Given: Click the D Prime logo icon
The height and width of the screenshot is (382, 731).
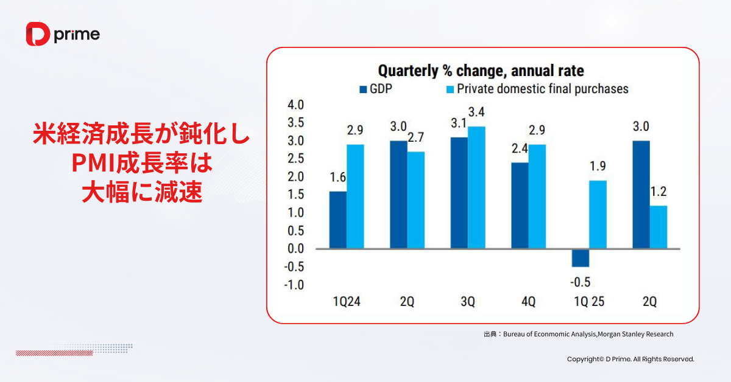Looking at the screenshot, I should click(x=38, y=34).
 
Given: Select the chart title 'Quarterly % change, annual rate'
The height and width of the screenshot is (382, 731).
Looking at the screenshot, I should click(x=481, y=71).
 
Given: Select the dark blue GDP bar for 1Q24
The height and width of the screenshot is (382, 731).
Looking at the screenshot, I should click(x=337, y=220).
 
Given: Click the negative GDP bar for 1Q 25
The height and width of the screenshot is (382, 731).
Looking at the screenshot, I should click(x=581, y=258).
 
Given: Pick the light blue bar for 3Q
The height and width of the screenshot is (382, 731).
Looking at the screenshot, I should click(x=476, y=187).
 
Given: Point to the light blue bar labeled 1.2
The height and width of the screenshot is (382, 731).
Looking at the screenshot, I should click(x=659, y=227).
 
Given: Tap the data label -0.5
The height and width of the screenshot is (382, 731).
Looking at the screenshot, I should click(x=580, y=282).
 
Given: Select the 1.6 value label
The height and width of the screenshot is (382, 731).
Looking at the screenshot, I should click(x=337, y=178).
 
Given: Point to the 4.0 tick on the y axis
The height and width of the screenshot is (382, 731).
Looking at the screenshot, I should click(x=295, y=105).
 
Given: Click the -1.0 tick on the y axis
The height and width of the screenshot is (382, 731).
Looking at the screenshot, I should click(x=294, y=285).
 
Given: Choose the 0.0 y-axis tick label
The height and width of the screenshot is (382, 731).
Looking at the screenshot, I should click(x=295, y=249).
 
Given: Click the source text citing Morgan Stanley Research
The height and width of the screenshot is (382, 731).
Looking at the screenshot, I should click(x=578, y=334).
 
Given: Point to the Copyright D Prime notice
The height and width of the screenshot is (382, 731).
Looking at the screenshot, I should click(x=630, y=359).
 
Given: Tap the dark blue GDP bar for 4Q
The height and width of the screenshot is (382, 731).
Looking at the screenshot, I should click(x=520, y=205).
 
